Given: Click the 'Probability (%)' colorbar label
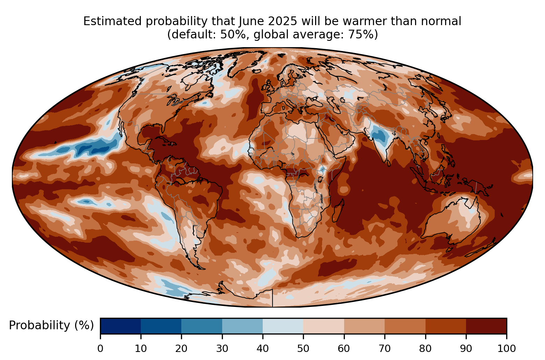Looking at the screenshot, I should tap(51, 325).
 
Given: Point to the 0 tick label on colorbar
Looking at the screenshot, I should tap(100, 348).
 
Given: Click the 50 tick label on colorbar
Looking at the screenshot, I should tap(303, 348).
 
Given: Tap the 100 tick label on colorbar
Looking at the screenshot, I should tap(506, 348).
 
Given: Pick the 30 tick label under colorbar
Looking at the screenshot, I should tap(222, 348).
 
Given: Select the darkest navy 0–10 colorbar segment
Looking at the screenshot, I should tap(121, 326).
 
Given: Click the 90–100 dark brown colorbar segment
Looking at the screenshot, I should tap(486, 326).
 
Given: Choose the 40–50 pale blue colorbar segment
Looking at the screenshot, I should tap(283, 326).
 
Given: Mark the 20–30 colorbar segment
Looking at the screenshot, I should tap(202, 326).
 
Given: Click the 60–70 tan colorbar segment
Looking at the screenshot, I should tap(364, 326).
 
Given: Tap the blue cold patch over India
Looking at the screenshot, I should tap(378, 134).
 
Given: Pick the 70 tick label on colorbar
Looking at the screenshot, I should tap(384, 348).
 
